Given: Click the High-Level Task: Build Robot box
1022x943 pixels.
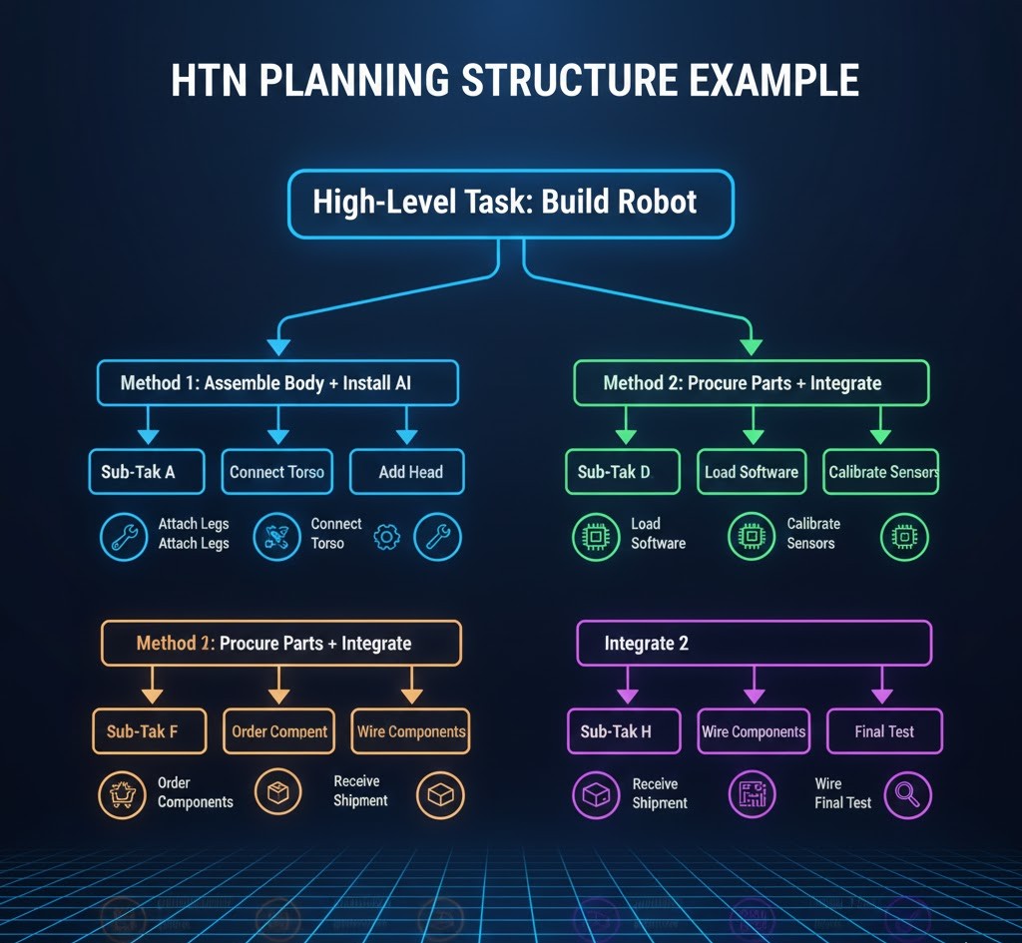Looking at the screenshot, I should tap(510, 204).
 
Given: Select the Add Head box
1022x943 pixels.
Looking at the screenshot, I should tap(407, 472).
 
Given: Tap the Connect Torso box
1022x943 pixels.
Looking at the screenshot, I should tap(276, 472).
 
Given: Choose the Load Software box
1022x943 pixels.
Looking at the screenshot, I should tap(752, 472).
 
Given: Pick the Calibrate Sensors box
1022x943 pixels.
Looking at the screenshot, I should tap(881, 472).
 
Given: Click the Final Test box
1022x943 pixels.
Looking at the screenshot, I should tap(884, 731).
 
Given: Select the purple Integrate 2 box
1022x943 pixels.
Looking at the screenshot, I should tap(754, 644).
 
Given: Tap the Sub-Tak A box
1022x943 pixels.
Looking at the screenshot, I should tap(146, 472).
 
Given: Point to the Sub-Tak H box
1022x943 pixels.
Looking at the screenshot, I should tap(624, 731).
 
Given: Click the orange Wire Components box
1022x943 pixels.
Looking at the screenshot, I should tap(410, 731).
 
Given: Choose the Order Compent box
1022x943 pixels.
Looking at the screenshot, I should tap(279, 731).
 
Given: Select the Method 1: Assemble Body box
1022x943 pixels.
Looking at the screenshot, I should tap(277, 383).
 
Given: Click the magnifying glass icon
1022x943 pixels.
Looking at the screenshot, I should tap(907, 795).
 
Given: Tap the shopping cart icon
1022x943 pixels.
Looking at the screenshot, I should tap(123, 795).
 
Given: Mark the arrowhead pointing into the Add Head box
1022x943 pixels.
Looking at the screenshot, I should tap(407, 437).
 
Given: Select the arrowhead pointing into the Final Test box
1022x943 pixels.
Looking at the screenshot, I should tap(882, 697).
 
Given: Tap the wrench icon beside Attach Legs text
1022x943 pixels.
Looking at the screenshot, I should tap(124, 537).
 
